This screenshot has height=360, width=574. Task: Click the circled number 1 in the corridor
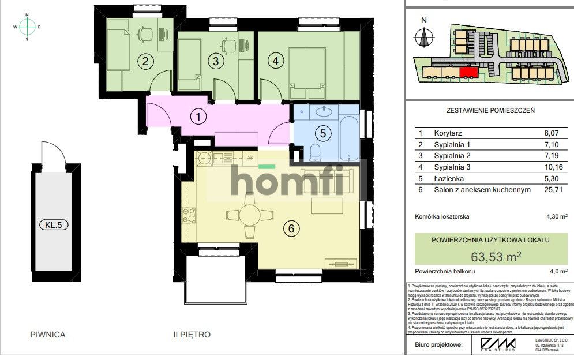pos(198,117)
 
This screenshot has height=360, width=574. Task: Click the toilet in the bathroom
pos(316,152)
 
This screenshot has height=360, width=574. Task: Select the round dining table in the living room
pos(249,215)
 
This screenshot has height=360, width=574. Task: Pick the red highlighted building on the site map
pos(468,72)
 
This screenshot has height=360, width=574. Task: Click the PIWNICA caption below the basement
pos(48,334)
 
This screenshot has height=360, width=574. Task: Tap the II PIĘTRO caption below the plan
pos(192,334)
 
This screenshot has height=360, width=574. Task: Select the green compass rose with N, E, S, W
pos(27,27)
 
